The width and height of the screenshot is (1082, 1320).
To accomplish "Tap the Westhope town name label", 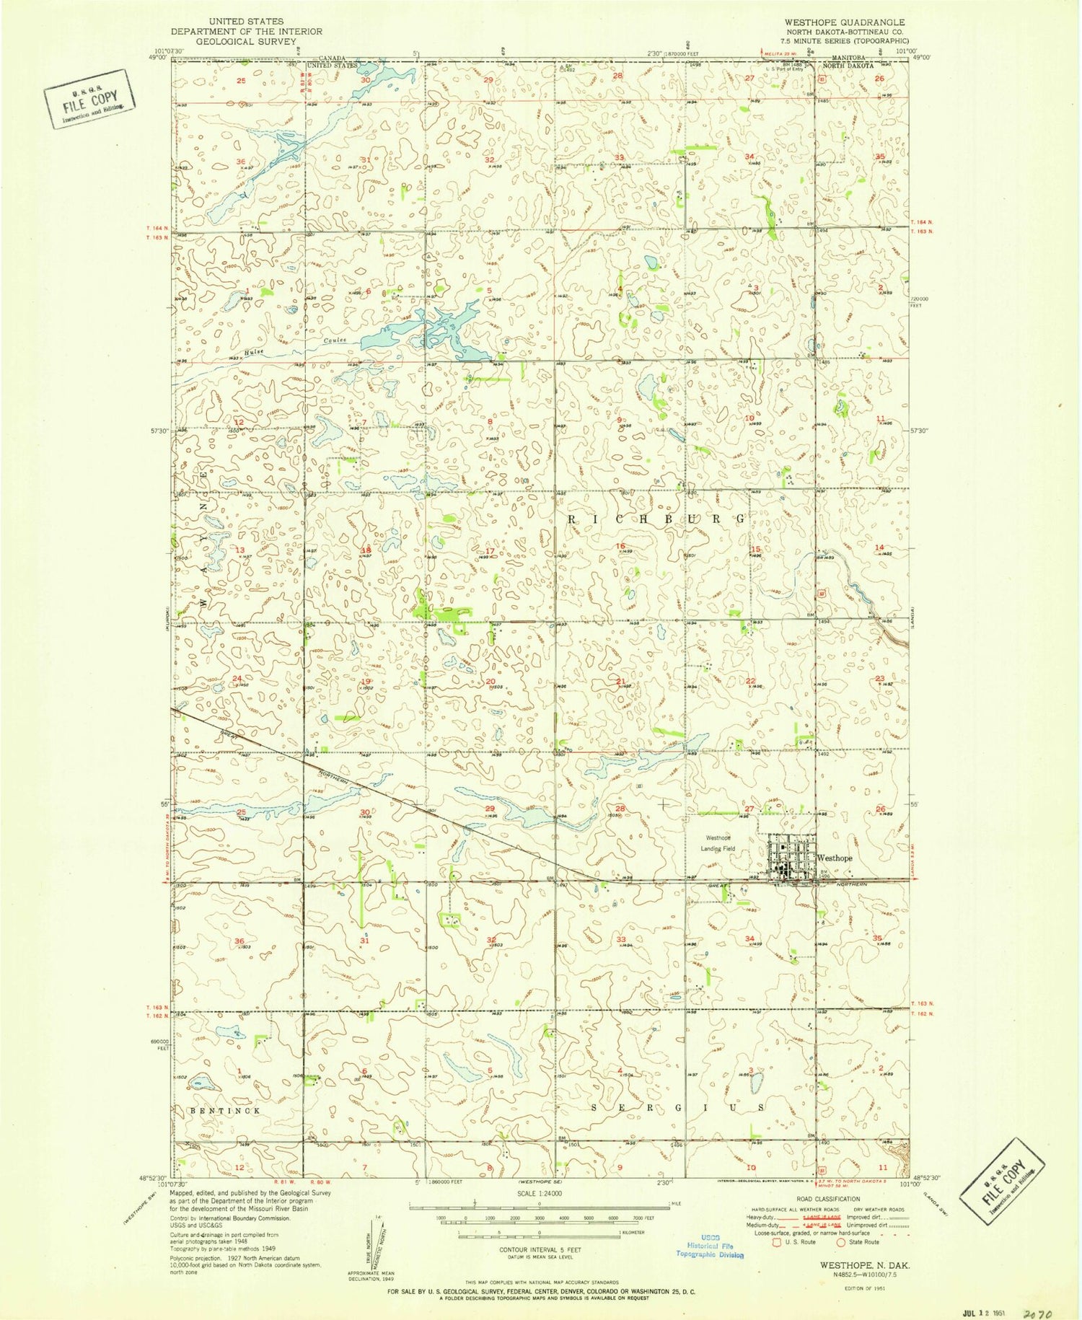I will pos(835,858).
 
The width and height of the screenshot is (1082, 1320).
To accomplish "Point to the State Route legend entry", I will pos(858,1241).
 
